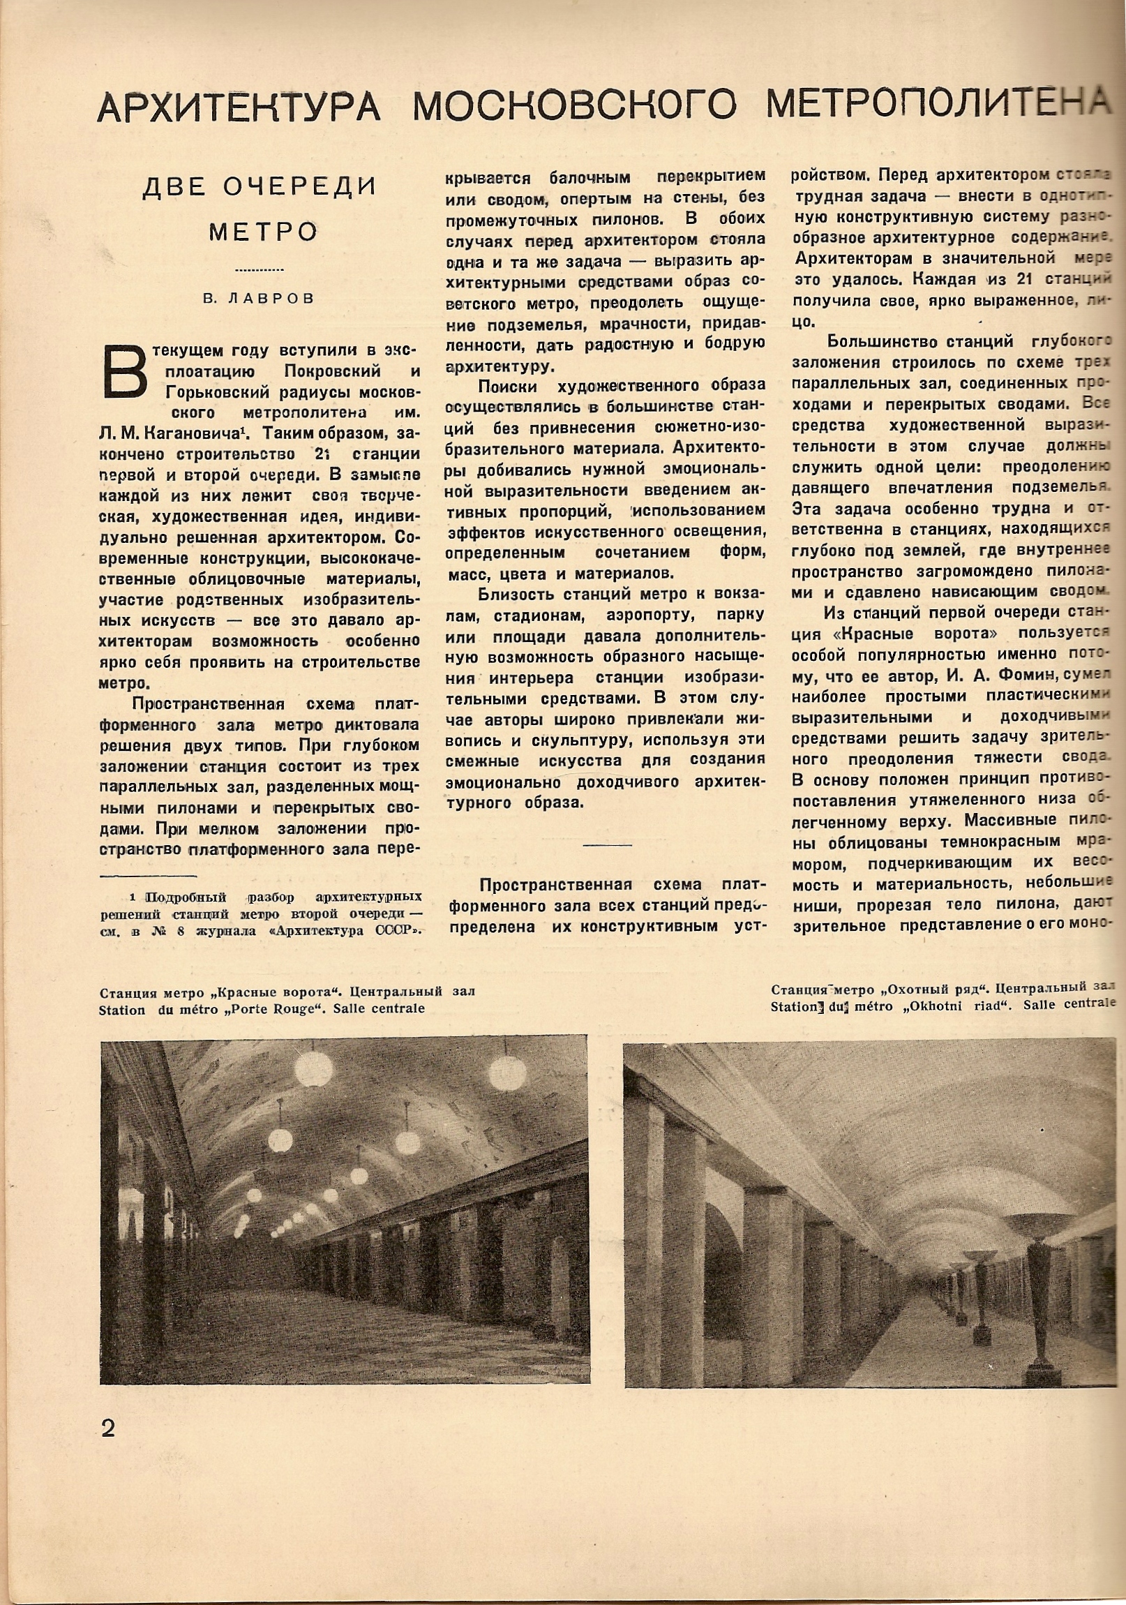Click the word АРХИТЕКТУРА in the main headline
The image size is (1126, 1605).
[x=239, y=107]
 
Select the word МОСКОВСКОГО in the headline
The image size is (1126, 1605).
[x=574, y=106]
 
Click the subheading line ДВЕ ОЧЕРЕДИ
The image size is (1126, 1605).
[x=260, y=187]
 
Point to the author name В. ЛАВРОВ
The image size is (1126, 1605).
[x=259, y=299]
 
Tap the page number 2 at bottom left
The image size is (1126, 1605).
[x=108, y=1428]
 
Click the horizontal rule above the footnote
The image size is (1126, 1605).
[x=148, y=876]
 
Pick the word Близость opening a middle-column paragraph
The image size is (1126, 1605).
[x=513, y=595]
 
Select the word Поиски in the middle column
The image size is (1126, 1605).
[x=508, y=386]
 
